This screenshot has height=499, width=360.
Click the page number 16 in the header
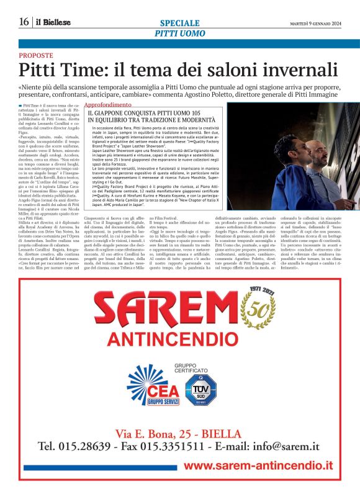pos(24,22)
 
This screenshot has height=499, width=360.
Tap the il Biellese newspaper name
pos(53,22)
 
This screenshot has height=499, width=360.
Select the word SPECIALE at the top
pos(179,22)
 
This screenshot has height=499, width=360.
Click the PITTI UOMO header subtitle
pos(179,32)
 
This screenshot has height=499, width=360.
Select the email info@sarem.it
pos(287,446)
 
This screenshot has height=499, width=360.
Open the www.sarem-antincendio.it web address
pos(258,465)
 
